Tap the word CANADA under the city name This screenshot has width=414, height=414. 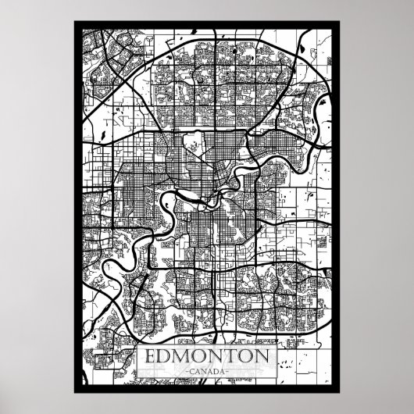(207, 370)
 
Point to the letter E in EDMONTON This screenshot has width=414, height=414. (152, 357)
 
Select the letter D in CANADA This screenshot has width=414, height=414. (216, 370)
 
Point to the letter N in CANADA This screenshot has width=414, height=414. (202, 370)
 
